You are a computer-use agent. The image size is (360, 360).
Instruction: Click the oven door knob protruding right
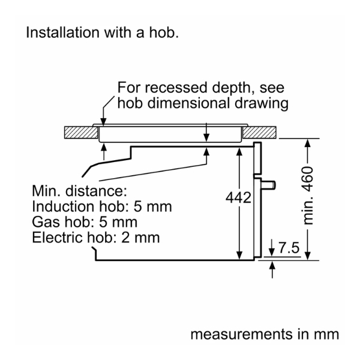[272, 183]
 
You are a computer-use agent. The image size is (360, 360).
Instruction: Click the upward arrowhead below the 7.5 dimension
[274, 266]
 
